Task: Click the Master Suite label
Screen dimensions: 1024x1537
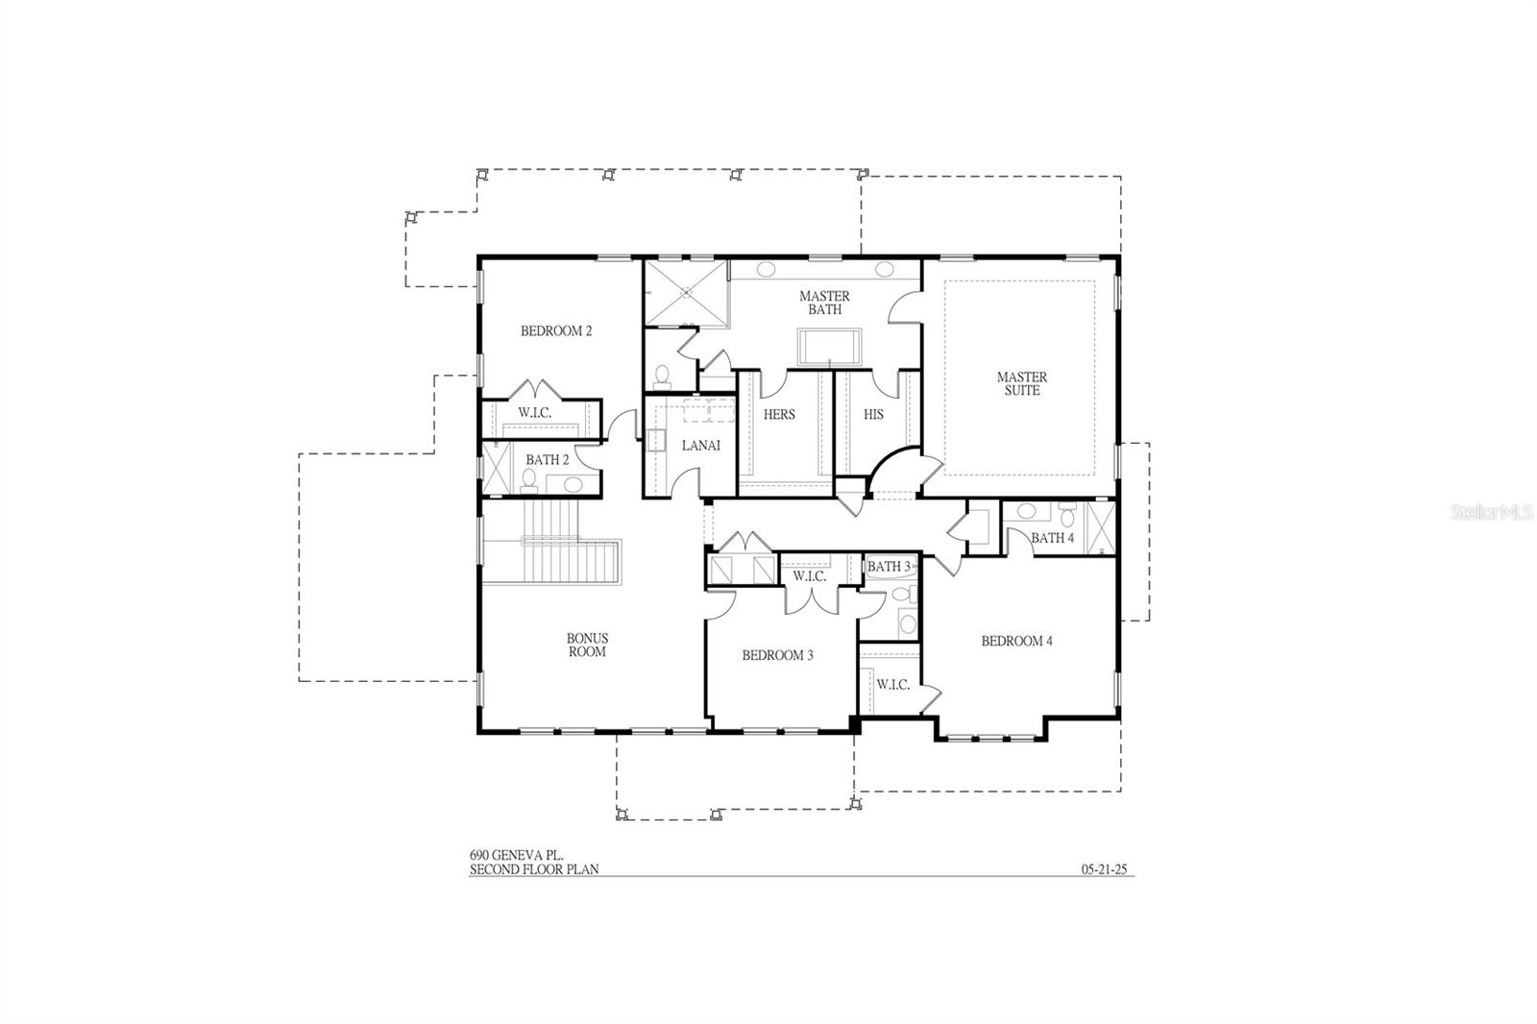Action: pos(1021,384)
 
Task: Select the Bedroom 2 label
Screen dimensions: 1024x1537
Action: pos(556,331)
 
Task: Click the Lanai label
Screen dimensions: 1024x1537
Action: pos(700,446)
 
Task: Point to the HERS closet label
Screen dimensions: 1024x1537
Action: pos(779,415)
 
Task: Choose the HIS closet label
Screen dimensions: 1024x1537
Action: pos(873,415)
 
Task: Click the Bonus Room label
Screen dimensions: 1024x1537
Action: pos(587,645)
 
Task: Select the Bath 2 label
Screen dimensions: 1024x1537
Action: pos(547,460)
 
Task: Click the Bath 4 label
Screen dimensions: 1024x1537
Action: pos(1052,538)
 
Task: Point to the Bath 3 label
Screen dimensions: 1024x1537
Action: pos(888,567)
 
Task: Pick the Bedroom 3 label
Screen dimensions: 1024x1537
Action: pos(777,656)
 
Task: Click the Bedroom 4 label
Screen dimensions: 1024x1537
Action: pos(1016,641)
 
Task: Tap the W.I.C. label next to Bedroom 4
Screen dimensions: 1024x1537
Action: pos(892,685)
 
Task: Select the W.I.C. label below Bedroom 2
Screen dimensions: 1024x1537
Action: pos(534,413)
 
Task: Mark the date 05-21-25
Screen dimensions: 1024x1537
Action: pos(1105,869)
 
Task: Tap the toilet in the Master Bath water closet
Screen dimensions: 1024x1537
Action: pos(661,374)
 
